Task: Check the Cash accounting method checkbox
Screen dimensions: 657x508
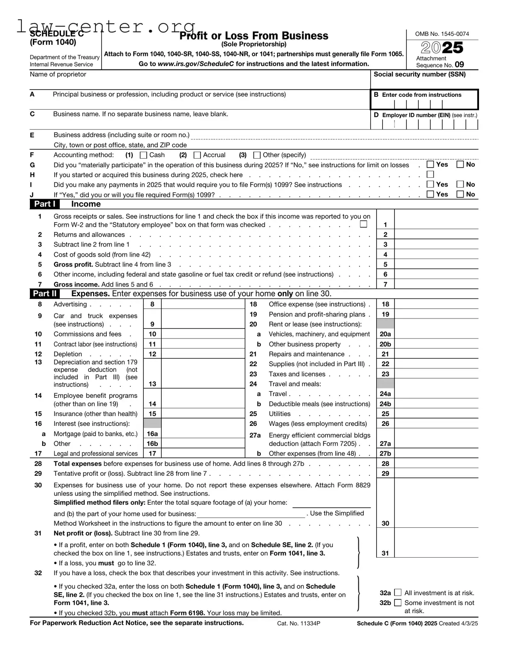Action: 144,155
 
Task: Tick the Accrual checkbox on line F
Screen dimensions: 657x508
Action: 197,155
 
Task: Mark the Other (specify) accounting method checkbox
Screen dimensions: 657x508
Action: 257,155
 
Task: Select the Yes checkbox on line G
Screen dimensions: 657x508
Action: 430,165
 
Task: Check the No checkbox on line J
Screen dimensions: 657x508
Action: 460,194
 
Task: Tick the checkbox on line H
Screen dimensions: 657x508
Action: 430,174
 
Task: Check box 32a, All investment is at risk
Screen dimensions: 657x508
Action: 398,593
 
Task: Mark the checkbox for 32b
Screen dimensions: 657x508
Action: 398,603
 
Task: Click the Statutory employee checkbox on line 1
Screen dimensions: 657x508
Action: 363,224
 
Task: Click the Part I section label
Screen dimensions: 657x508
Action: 44,204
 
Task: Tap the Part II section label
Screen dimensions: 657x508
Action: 45,293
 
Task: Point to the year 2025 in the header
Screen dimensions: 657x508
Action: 442,47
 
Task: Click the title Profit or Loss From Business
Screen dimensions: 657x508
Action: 254,36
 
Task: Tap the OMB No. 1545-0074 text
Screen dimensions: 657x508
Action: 442,34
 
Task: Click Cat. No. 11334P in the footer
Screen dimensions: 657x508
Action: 299,623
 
